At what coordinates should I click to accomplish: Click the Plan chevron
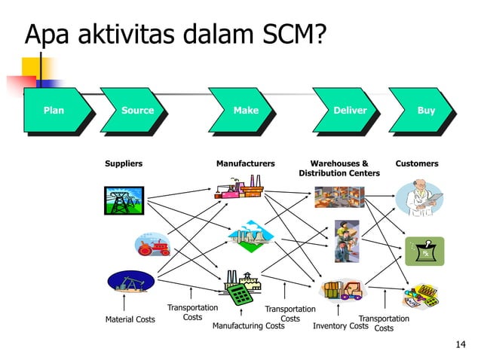tap(54, 111)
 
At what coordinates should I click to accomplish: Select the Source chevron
tap(137, 111)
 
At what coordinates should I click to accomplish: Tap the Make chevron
tap(246, 111)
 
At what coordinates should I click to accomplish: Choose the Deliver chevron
tap(350, 111)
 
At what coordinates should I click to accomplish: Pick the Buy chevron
tap(426, 111)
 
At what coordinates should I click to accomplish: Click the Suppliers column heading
tap(124, 163)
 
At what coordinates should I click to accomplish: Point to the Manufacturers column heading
tap(246, 163)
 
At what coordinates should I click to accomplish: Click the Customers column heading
tap(417, 163)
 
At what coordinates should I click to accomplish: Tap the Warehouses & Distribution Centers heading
tap(339, 168)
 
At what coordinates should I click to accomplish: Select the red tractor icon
tap(152, 245)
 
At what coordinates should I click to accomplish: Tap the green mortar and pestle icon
tap(424, 250)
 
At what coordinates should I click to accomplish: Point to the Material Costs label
tap(130, 319)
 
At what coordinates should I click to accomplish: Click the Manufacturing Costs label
tap(248, 326)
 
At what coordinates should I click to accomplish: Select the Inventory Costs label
tap(340, 326)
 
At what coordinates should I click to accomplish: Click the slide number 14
tap(461, 345)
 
